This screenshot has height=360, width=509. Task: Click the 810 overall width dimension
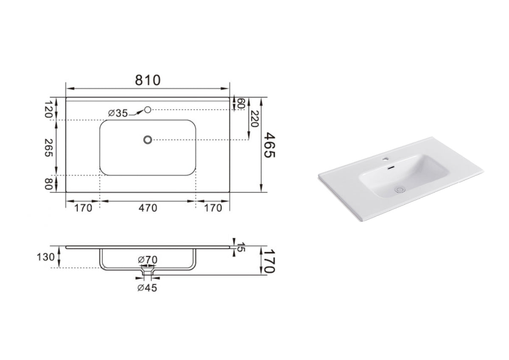pos(148,80)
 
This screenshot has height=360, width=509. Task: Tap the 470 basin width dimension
pos(147,208)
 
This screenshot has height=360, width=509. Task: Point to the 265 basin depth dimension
pos(49,148)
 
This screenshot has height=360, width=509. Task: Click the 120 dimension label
pos(49,109)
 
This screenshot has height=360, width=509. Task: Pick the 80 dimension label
pos(49,184)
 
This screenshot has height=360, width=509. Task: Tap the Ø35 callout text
pos(117,113)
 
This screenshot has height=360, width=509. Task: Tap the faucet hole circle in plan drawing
pos(148,110)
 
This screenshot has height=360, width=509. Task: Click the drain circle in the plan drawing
pos(148,140)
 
